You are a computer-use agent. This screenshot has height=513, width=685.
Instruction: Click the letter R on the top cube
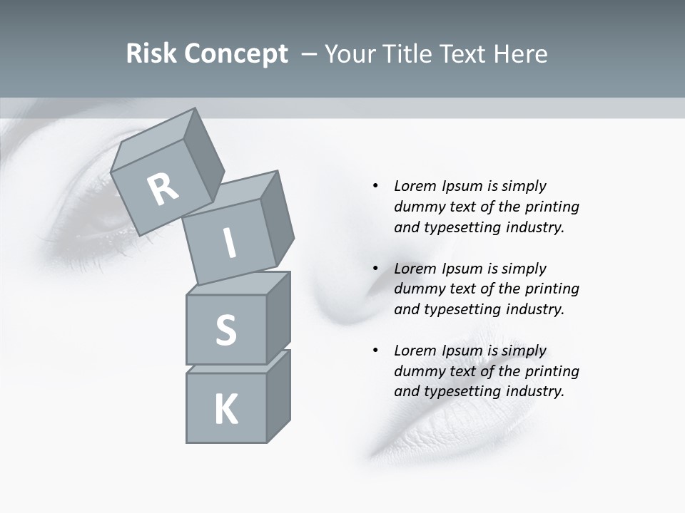(163, 189)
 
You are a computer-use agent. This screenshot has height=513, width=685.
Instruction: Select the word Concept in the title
(235, 54)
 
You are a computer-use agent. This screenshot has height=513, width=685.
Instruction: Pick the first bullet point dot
(375, 186)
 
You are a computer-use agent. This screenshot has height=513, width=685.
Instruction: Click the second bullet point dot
(375, 269)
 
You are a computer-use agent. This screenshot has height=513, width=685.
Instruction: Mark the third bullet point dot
(375, 351)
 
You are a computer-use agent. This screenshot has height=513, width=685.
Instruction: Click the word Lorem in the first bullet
(414, 186)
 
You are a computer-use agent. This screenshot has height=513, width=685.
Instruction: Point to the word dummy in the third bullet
(416, 371)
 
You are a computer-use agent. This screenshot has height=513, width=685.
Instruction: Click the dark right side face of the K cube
(278, 400)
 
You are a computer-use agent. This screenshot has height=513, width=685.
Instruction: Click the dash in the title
(310, 54)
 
